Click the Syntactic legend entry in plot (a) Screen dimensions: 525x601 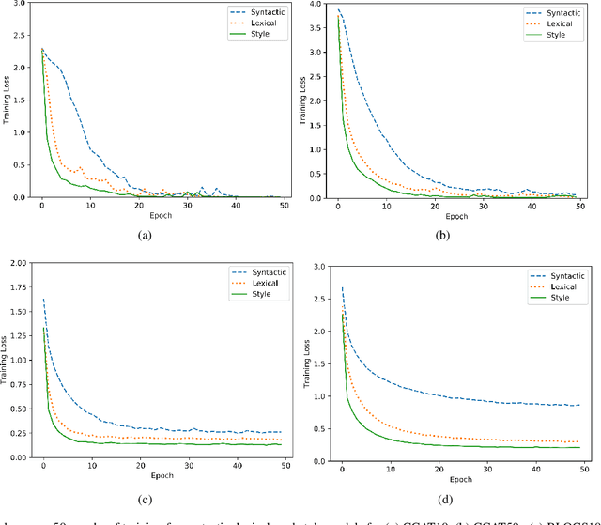[x=255, y=12]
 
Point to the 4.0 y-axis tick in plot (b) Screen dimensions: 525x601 [x=316, y=5]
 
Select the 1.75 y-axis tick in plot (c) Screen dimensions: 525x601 [x=16, y=286]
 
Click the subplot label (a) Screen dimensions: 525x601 [x=145, y=236]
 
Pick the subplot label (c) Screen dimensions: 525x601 [x=145, y=496]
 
